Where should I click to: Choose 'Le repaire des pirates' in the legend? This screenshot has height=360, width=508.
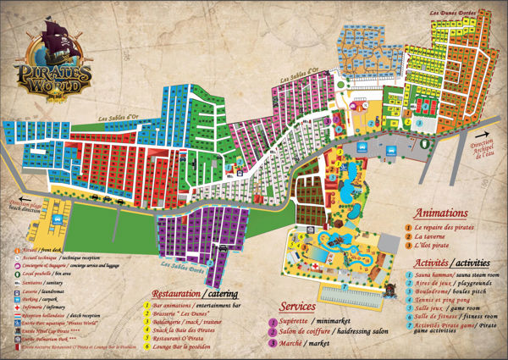click(x=445, y=227)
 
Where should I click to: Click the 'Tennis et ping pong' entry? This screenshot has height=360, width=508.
click(x=439, y=298)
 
